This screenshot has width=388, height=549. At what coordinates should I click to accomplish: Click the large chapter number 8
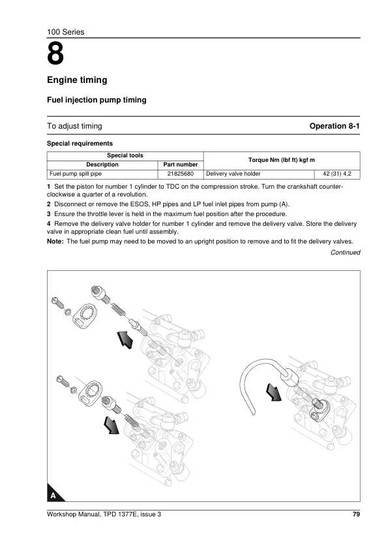click(55, 54)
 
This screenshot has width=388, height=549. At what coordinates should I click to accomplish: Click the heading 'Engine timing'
click(77, 80)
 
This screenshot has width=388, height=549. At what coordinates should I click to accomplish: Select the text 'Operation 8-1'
click(335, 126)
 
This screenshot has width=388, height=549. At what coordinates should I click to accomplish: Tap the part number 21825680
click(181, 174)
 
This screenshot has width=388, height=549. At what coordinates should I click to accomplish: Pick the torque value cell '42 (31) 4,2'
click(337, 174)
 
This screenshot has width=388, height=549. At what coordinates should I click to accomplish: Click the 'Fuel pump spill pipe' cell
click(76, 174)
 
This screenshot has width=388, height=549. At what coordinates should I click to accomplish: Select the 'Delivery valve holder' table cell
click(233, 174)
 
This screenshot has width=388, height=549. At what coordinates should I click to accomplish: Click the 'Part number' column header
click(181, 165)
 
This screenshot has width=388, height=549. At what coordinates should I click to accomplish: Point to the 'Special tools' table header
click(125, 155)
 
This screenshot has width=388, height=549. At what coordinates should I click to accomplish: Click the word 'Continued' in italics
click(346, 253)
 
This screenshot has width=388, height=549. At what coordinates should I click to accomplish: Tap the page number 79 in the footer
click(356, 514)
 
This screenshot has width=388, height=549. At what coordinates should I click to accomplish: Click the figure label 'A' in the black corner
click(53, 495)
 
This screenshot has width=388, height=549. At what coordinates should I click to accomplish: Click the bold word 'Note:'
click(55, 242)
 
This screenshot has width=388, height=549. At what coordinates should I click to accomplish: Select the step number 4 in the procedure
click(49, 224)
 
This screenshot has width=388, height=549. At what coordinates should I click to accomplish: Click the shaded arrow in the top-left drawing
click(125, 339)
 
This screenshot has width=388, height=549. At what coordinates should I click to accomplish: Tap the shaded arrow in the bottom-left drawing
click(112, 425)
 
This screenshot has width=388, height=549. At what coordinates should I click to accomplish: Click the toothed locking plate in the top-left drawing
click(85, 315)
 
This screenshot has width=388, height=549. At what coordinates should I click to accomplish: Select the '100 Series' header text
click(66, 32)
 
